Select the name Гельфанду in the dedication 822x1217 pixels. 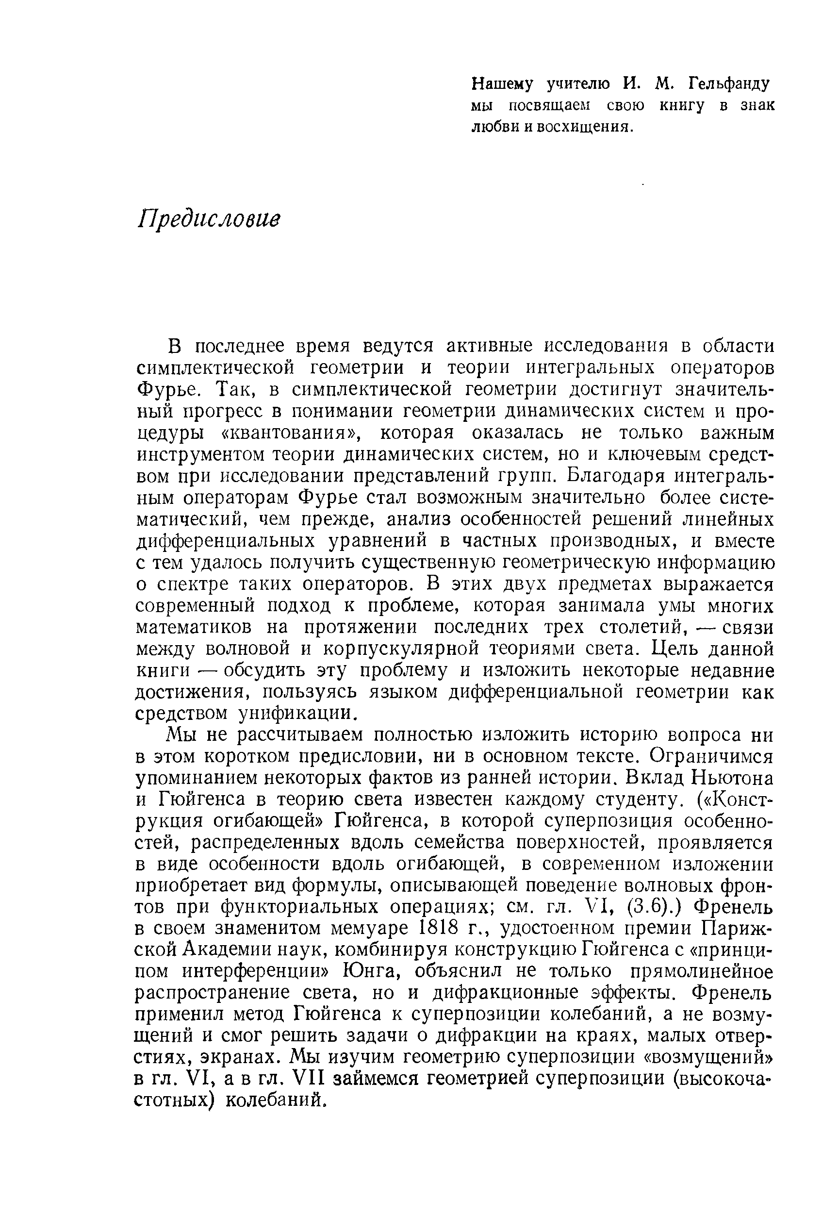click(x=729, y=83)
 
